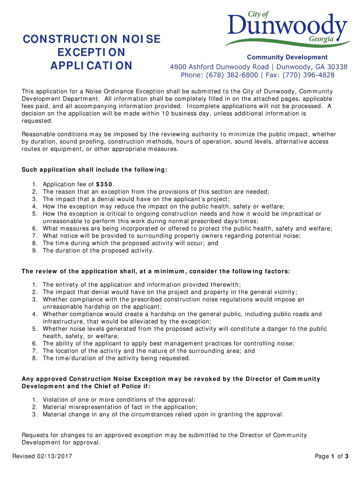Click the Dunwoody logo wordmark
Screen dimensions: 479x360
(287, 26)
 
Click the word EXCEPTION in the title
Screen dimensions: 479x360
(92, 52)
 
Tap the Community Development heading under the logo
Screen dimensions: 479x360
(287, 57)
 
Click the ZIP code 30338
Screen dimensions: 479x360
(336, 66)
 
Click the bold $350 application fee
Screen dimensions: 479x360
(104, 184)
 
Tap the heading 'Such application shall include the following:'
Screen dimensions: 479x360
(94, 169)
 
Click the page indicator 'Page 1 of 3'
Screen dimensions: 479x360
(331, 456)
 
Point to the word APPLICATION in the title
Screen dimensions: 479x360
(92, 65)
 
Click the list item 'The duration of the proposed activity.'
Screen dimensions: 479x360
(98, 251)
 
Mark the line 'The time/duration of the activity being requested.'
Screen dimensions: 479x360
(116, 358)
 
